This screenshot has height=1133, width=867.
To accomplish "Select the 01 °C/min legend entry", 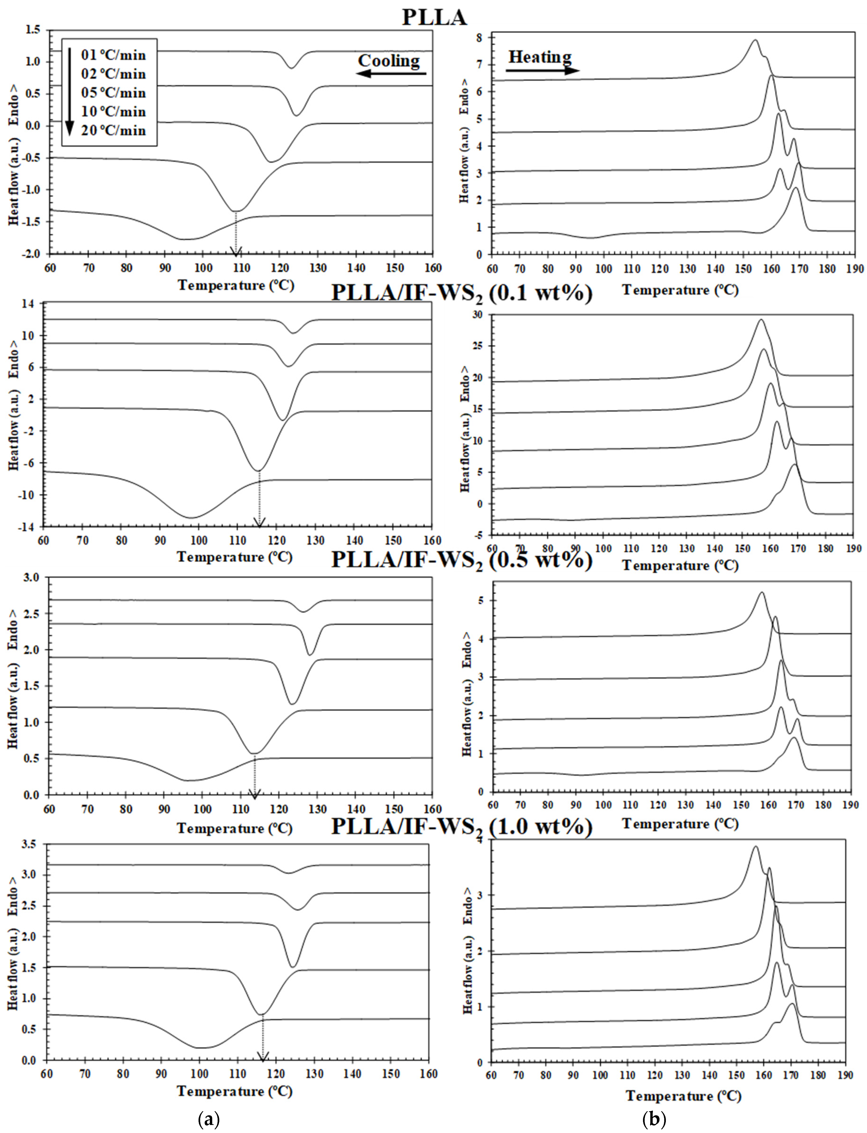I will click(113, 55).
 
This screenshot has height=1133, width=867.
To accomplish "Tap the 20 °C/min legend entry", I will click(113, 131).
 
